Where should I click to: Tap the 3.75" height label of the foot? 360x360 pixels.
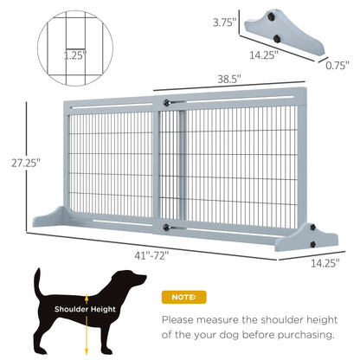pyautogui.click(x=226, y=24)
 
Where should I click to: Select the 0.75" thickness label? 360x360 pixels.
pyautogui.click(x=338, y=63)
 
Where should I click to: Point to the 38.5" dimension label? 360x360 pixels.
pyautogui.click(x=228, y=77)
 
